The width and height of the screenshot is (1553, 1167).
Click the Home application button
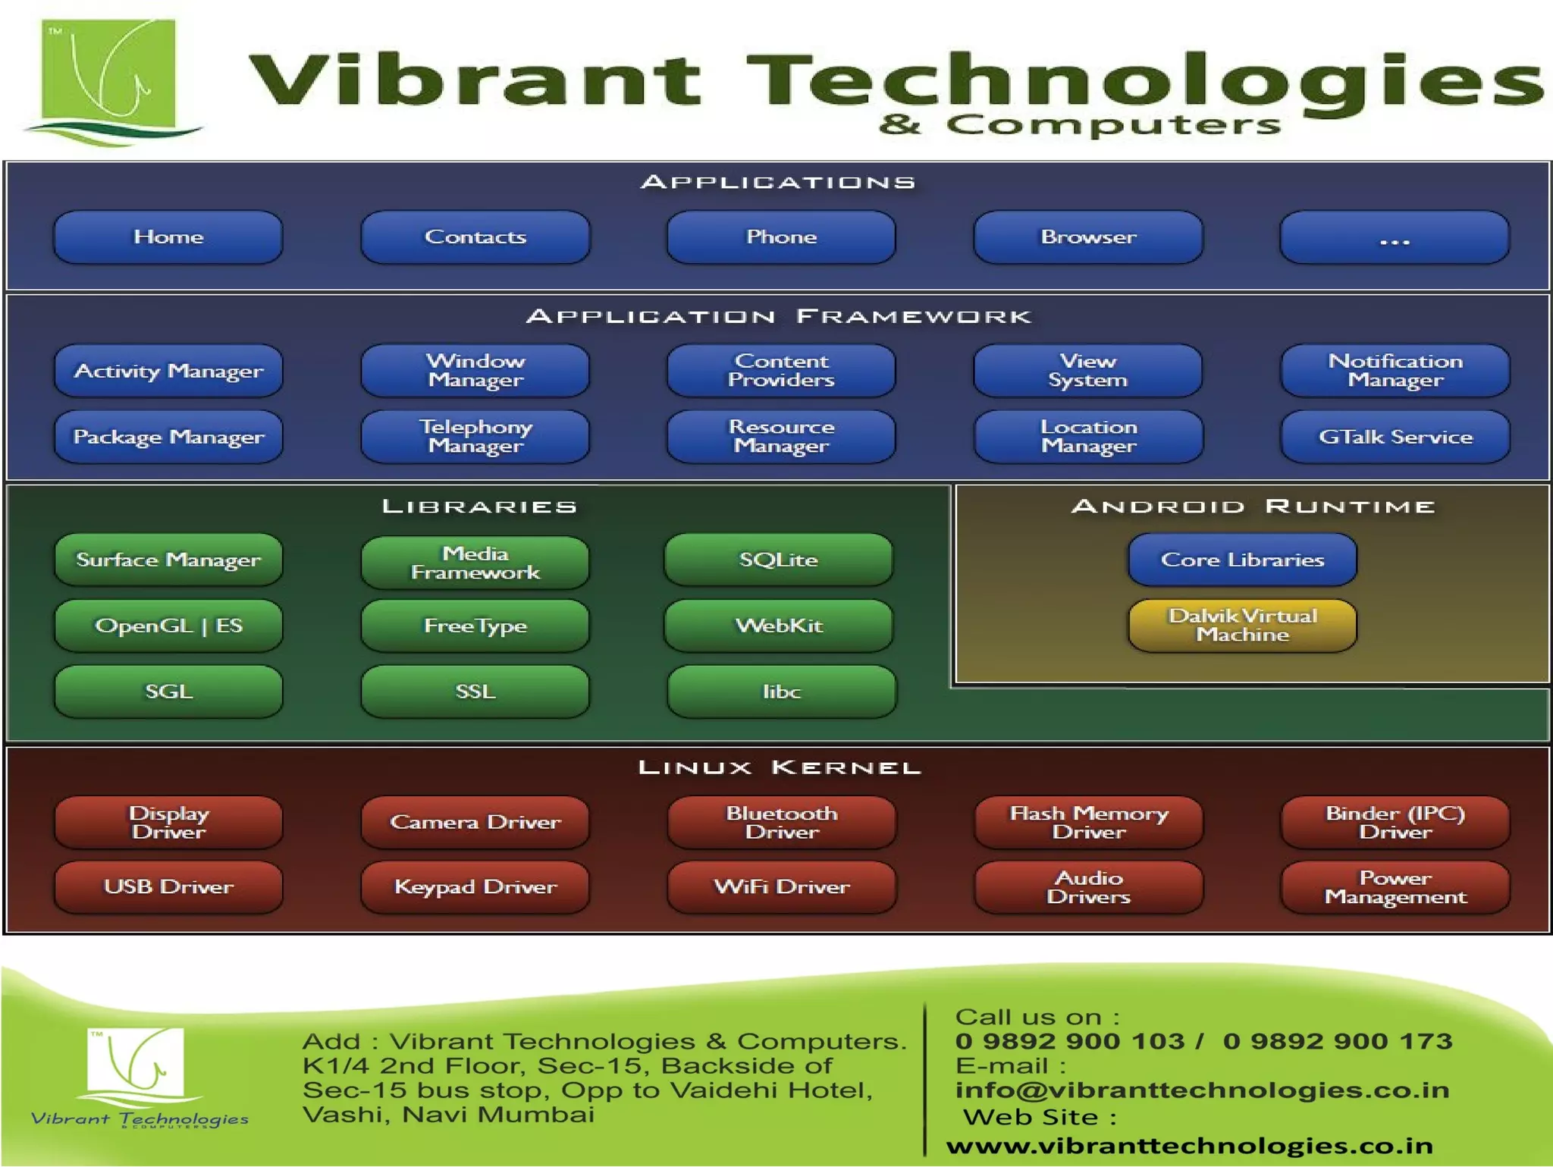168,237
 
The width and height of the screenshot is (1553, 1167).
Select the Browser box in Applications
1088,237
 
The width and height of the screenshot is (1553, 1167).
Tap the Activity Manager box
168,371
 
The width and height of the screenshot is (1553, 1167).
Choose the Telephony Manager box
475,437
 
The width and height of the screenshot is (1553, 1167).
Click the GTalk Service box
1395,437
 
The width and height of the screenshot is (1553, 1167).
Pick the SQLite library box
779,560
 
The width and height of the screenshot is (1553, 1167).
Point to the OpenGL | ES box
168,626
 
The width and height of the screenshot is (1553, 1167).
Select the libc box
782,692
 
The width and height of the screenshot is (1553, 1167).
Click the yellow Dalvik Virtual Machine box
1242,626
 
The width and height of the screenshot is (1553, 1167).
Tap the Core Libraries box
1242,560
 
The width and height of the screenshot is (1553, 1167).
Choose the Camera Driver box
475,822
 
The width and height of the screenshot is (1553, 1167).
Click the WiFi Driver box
782,886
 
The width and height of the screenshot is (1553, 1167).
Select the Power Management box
1395,886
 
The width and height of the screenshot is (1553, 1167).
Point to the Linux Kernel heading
779,767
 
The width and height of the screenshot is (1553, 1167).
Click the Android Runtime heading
1253,506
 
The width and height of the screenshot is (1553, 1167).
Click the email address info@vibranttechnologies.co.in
1202,1090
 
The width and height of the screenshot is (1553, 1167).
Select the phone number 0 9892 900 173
1338,1041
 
